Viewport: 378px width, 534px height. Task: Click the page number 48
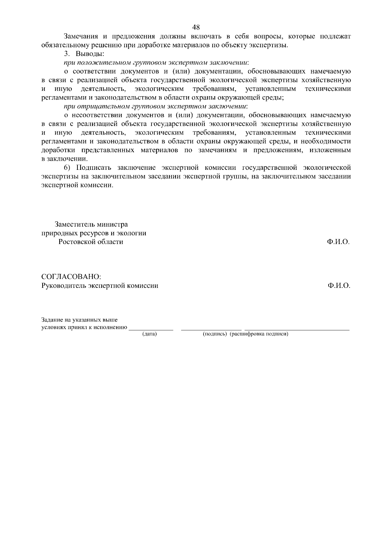[196, 27]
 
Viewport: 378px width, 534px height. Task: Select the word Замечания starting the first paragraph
[79, 36]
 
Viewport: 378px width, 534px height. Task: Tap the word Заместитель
[75, 225]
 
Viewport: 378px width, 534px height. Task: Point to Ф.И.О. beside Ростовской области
[339, 242]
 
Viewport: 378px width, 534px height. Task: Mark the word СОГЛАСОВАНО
[71, 277]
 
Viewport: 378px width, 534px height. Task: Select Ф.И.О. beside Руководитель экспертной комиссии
[339, 286]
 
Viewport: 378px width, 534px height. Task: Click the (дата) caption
[150, 334]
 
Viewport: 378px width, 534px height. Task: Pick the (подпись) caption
[215, 334]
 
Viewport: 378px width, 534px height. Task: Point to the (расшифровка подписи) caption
[259, 334]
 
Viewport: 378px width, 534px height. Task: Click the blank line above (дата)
[151, 329]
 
